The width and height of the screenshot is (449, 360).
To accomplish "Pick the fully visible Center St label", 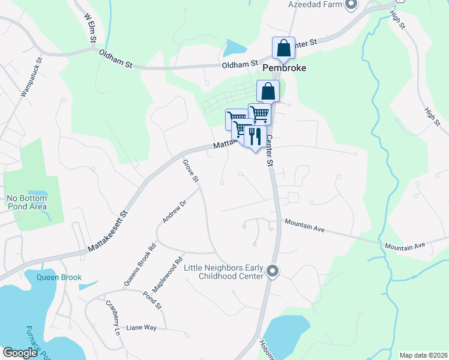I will click(x=270, y=151).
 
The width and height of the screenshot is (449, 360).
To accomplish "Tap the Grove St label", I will click(x=190, y=170).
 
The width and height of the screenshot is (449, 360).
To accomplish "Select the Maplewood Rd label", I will click(x=167, y=275).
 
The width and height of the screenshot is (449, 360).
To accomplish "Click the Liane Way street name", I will click(x=142, y=328).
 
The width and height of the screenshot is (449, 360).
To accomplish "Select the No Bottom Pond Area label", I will click(x=26, y=202).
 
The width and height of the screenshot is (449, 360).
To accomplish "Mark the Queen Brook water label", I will click(x=58, y=277).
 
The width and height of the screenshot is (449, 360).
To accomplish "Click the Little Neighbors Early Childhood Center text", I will click(x=224, y=271).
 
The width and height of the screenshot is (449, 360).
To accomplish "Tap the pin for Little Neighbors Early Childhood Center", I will click(x=273, y=272).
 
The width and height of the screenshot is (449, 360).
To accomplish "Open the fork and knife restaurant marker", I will click(x=255, y=137).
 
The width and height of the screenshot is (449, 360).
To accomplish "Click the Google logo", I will click(x=20, y=353).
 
